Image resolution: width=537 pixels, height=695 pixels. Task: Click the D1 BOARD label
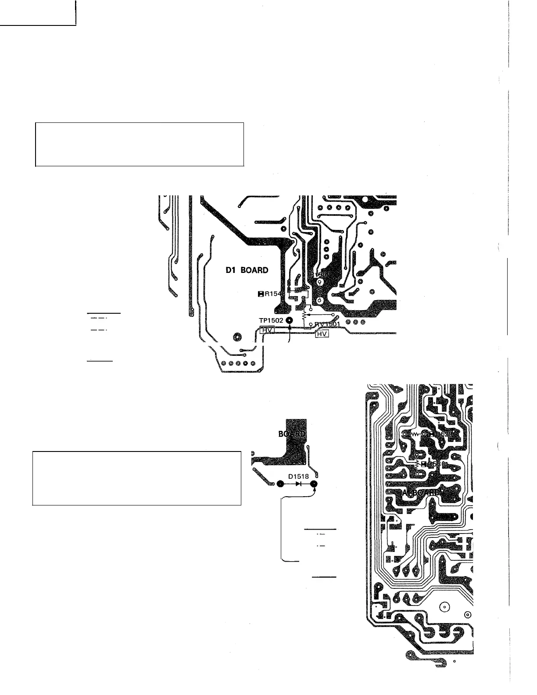coord(247,270)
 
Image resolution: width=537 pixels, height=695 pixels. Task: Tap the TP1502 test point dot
coord(289,321)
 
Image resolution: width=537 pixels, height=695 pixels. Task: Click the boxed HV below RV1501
coord(322,334)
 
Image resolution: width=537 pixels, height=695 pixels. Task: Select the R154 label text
coord(272,294)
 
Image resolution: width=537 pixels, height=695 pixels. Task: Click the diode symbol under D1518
coord(298,484)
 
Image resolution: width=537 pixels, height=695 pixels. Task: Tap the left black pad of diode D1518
coord(281,484)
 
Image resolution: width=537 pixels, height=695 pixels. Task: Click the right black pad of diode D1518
coord(314,484)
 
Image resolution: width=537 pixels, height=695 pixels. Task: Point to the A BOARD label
coord(420,492)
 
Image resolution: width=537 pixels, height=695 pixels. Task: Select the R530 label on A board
coord(434,463)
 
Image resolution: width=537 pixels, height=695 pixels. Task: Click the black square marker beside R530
coord(423,463)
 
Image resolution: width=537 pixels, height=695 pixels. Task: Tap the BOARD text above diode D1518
coord(292,434)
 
